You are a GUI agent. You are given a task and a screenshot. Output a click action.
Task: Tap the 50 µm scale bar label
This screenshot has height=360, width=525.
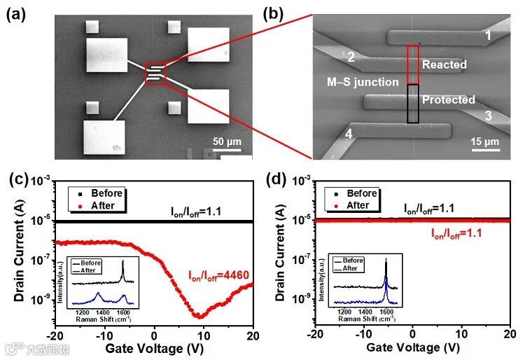click(227, 142)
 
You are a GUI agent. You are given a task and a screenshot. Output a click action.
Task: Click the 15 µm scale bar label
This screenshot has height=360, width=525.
click(485, 141)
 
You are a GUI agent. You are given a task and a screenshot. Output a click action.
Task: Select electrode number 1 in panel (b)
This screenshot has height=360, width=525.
click(488, 34)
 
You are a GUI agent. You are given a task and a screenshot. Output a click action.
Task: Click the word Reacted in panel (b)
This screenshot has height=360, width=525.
click(444, 64)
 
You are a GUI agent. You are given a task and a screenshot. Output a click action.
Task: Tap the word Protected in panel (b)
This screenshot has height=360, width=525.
click(449, 99)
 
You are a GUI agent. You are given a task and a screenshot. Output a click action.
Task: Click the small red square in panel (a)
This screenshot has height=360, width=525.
click(155, 73)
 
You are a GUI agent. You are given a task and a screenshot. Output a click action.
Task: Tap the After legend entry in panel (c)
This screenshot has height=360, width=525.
click(102, 205)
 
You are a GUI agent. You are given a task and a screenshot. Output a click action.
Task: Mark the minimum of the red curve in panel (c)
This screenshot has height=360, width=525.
click(199, 317)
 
